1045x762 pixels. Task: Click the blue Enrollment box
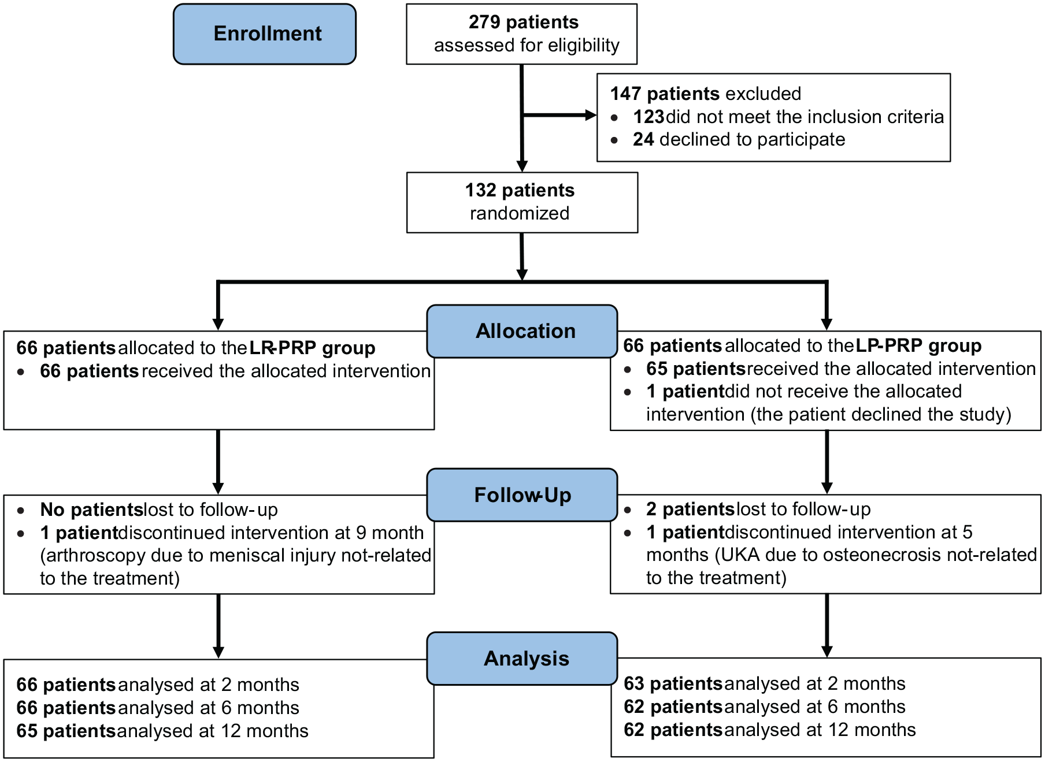click(265, 34)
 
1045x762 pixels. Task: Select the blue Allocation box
click(522, 331)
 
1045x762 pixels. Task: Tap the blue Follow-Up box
click(522, 495)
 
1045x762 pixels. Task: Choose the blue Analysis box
click(522, 659)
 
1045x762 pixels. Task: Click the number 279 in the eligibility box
click(484, 22)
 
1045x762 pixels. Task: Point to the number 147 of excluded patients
click(626, 94)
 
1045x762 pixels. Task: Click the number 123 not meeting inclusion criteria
click(649, 117)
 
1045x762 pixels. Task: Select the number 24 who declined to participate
click(643, 139)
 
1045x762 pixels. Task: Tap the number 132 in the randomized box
click(481, 190)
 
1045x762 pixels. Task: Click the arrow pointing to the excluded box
click(559, 116)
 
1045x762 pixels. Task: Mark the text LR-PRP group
click(312, 348)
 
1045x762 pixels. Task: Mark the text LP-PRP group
click(918, 345)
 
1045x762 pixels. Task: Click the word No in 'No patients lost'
click(53, 510)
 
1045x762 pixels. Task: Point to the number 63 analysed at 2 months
click(634, 683)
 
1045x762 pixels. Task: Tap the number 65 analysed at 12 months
click(27, 731)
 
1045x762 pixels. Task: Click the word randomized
click(520, 213)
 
